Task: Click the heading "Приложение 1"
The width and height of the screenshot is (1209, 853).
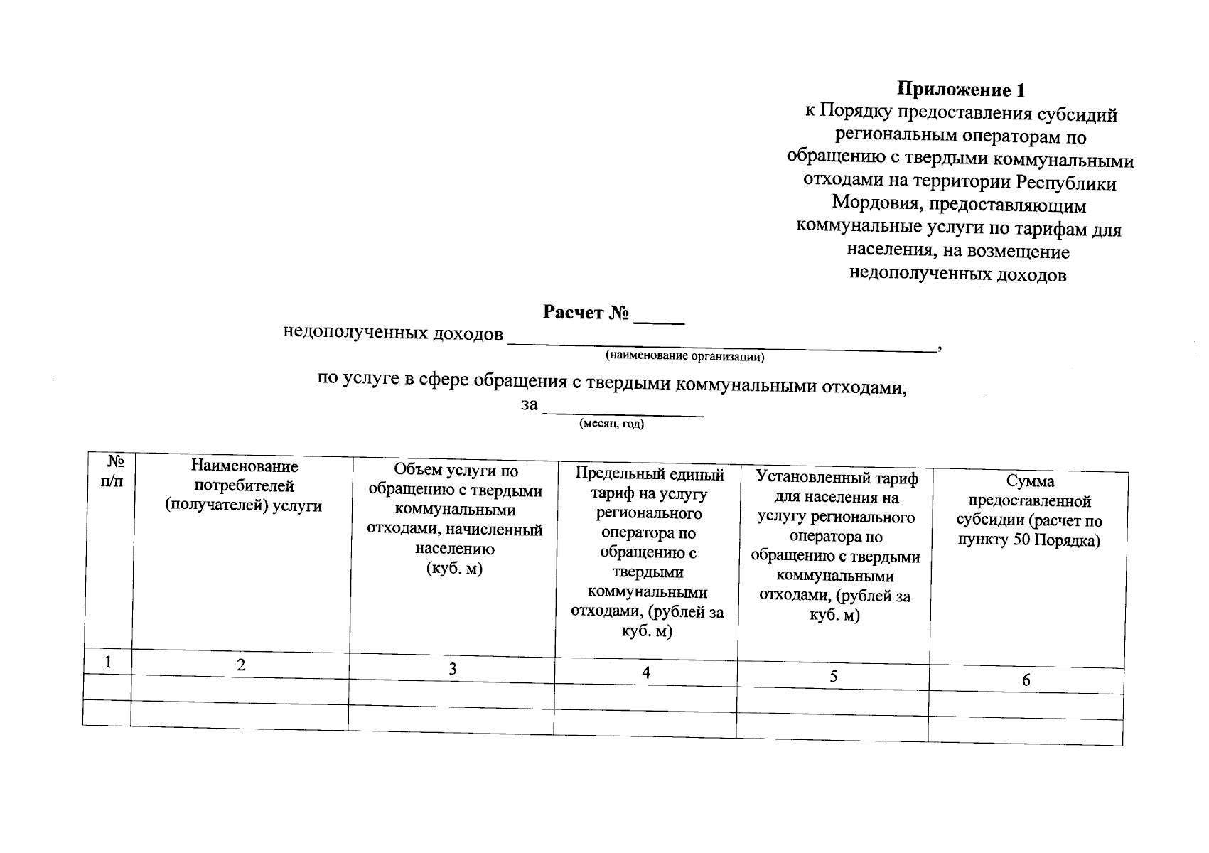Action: (961, 90)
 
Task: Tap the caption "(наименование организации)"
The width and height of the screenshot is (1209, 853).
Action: (684, 355)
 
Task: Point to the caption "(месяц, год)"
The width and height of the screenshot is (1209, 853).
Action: (612, 424)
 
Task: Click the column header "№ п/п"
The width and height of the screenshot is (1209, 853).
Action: (111, 471)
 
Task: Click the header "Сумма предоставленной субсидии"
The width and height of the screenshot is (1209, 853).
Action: (1029, 512)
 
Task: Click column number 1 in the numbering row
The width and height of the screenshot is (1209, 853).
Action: (108, 662)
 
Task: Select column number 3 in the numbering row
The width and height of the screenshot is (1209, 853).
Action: (453, 669)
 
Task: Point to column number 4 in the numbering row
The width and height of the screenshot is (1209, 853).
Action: (646, 672)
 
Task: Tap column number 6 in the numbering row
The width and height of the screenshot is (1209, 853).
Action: (1026, 681)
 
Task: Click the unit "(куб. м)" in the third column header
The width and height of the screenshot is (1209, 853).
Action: (454, 569)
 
